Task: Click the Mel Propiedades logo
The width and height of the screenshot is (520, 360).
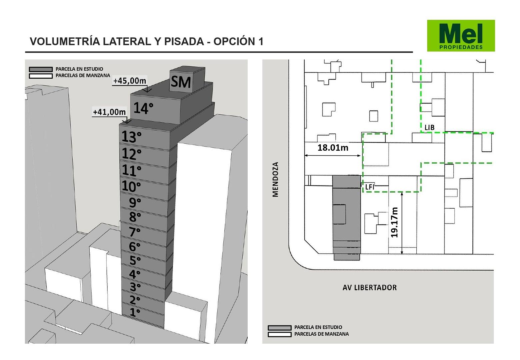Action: point(461,36)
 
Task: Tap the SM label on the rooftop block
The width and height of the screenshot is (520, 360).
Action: point(181,82)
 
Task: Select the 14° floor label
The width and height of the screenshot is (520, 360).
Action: point(143,108)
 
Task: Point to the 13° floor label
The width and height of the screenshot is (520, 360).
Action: point(131,136)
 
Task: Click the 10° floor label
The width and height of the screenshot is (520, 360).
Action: point(131,186)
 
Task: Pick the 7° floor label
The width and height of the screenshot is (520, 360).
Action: point(134,232)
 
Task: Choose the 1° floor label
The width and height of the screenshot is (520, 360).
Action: point(135,312)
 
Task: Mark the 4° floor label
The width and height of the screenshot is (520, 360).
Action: point(135,274)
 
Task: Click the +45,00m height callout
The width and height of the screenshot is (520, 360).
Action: point(130,81)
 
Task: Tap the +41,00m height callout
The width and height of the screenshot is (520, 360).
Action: point(109,112)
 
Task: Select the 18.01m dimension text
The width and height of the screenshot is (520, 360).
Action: point(333,148)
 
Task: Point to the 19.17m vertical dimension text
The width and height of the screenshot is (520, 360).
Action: point(394,222)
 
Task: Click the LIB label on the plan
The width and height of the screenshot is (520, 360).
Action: point(429,127)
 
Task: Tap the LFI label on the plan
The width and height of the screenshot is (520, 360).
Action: point(370,187)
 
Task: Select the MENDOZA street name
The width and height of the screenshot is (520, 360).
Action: point(275,179)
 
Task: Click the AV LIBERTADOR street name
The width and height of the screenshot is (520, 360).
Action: point(370,288)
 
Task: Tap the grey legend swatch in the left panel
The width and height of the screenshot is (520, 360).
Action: point(41,69)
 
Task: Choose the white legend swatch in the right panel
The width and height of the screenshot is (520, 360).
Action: point(279,334)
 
